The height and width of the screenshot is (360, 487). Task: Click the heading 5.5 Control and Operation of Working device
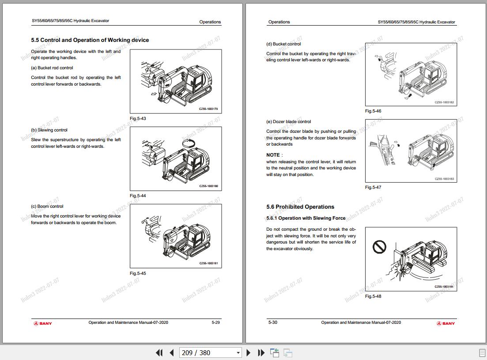click(x=90, y=40)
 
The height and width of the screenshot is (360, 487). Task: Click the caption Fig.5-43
click(x=138, y=119)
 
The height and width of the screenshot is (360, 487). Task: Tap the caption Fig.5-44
click(x=138, y=196)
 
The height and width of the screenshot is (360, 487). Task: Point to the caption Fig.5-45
click(x=138, y=274)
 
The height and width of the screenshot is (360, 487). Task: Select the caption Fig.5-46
click(x=373, y=111)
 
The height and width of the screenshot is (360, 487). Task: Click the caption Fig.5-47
click(x=373, y=187)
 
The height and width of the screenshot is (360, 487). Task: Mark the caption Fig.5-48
click(x=373, y=296)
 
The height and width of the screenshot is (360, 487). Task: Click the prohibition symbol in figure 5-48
click(x=379, y=247)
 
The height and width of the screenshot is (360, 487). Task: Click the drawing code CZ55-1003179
click(x=208, y=109)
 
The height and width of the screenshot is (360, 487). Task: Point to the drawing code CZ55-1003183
click(x=444, y=179)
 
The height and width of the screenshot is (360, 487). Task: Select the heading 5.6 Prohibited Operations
click(x=300, y=207)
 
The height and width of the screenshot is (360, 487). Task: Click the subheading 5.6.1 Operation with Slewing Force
click(x=306, y=218)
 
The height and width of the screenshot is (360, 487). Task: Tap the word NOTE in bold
click(x=273, y=155)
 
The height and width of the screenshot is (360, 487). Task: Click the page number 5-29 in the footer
click(x=215, y=322)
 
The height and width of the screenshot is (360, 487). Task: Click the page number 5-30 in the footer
click(x=273, y=322)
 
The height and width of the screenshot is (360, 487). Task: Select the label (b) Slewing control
click(x=49, y=130)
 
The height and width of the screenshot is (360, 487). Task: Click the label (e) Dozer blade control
click(x=288, y=122)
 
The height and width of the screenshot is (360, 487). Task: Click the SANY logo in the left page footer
click(x=43, y=323)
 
